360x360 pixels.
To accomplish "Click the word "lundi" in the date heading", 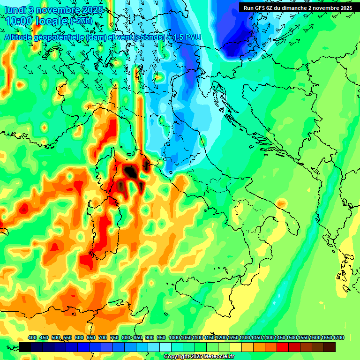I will tap(15, 10).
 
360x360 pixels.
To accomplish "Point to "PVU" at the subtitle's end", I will tap(193, 37).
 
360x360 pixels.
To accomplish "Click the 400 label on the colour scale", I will tap(32, 338).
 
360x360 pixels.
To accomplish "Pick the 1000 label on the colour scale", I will tap(174, 338).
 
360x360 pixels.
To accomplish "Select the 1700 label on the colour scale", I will tap(329, 338).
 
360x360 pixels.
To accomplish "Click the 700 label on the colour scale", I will tap(103, 338).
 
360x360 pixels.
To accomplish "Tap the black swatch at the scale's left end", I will tap(25, 347).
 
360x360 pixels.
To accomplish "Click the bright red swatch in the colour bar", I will tap(282, 347).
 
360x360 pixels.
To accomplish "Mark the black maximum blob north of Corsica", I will tap(130, 171).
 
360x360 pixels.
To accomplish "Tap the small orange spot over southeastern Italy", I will tap(281, 203).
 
